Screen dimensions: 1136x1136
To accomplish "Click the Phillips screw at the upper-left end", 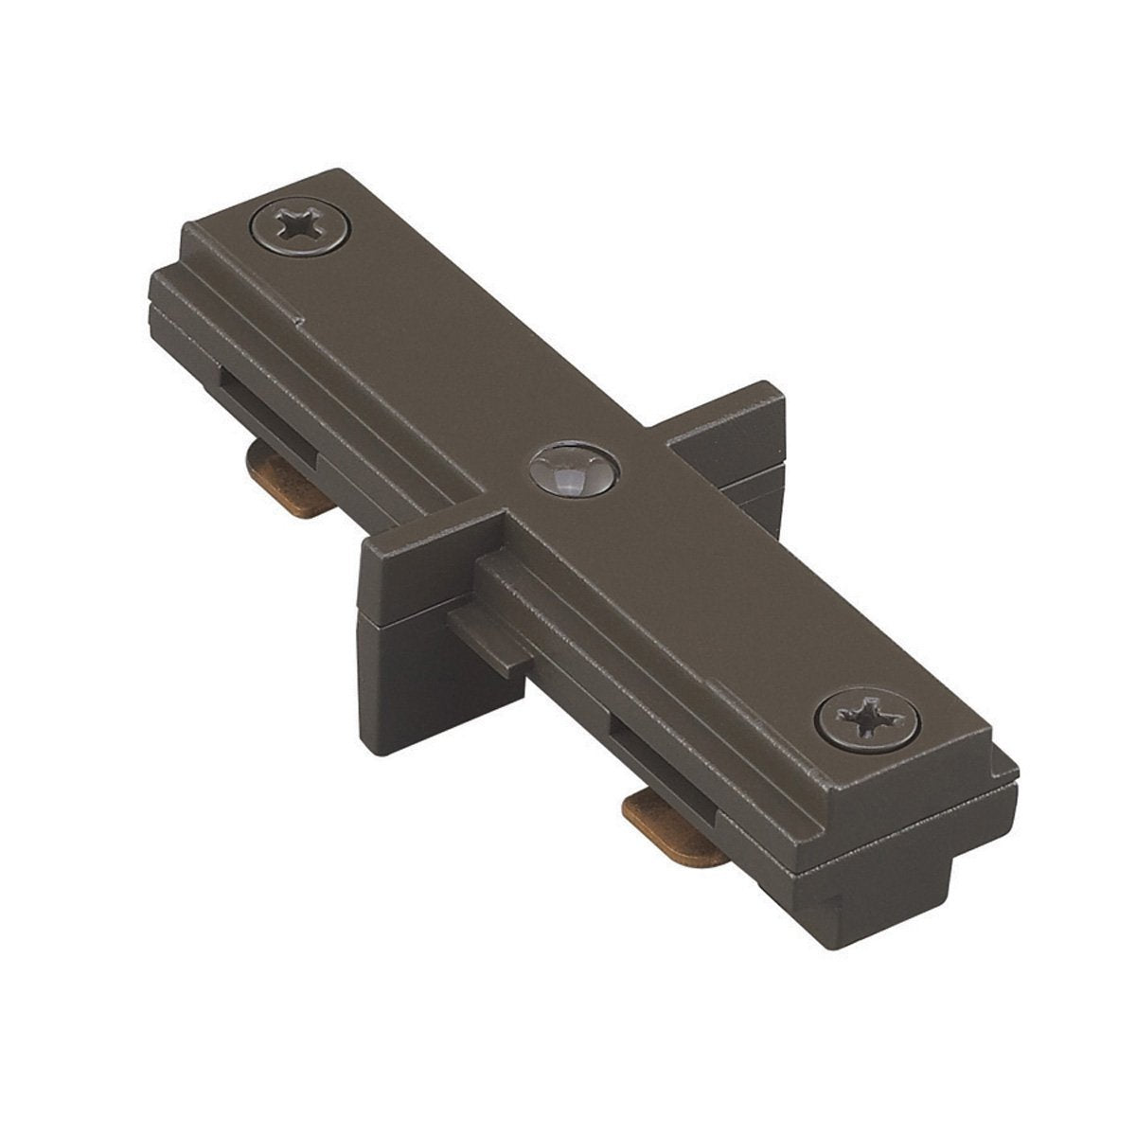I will [x=301, y=229].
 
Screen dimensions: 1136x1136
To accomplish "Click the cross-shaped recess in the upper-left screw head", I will [x=300, y=227].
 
